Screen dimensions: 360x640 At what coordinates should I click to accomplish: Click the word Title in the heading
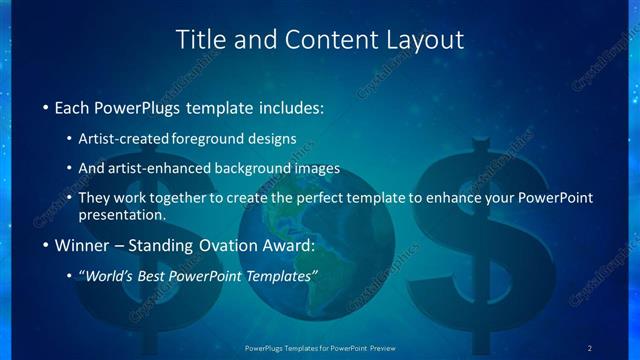pyautogui.click(x=198, y=40)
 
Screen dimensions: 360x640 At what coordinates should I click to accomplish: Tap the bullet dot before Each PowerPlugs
pyautogui.click(x=45, y=107)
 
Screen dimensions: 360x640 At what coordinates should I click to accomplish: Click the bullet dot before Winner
pyautogui.click(x=45, y=245)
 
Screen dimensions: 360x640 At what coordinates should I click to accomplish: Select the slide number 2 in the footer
pyautogui.click(x=590, y=348)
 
